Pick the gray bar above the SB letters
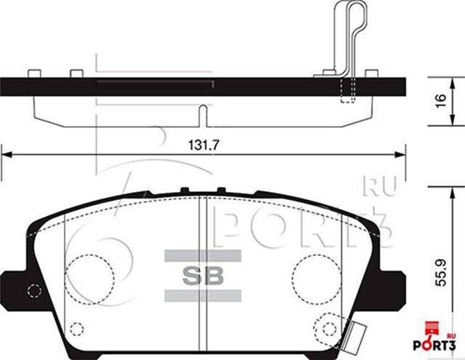coord(203,255)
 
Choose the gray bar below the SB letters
coord(203,295)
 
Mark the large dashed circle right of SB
coord(317,277)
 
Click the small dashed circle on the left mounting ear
coord(33,292)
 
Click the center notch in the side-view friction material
coord(203,113)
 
